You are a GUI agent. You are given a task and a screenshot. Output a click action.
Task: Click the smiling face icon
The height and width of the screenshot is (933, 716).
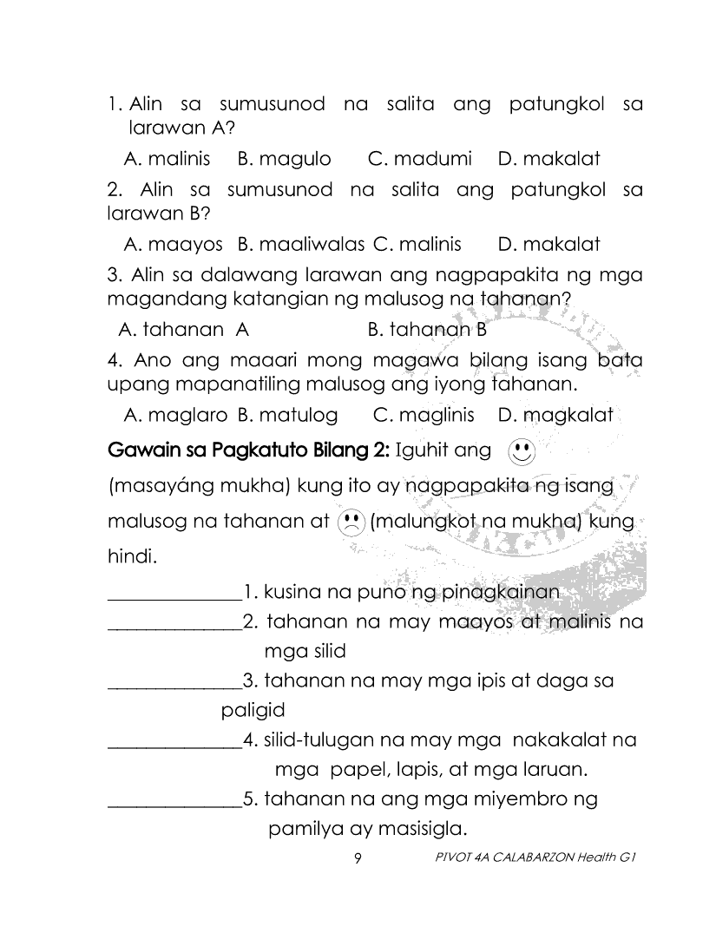pos(520,451)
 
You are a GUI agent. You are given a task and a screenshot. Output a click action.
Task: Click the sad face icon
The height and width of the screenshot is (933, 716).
pos(350,522)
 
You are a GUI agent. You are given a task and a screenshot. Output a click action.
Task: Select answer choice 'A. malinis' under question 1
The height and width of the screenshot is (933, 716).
pos(171,160)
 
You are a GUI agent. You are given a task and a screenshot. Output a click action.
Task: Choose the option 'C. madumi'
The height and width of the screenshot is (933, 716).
pos(420,160)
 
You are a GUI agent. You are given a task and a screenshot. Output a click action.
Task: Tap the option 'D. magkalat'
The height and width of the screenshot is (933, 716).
pos(555,415)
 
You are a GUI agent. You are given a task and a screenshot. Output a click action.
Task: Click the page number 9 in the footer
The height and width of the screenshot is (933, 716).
pos(358,859)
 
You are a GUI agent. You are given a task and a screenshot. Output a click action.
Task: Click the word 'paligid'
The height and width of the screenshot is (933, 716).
pos(253,711)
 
